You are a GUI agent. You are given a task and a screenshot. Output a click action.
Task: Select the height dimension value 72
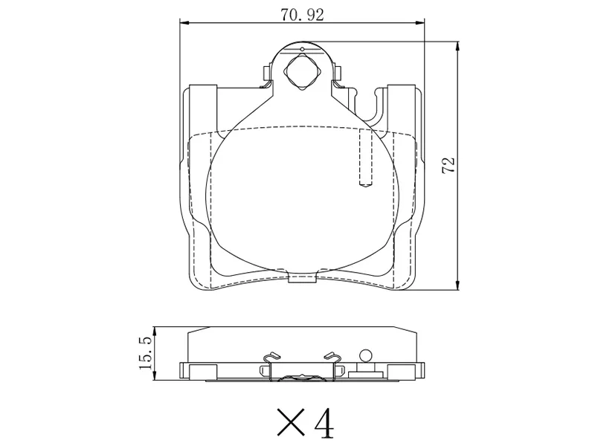click(448, 165)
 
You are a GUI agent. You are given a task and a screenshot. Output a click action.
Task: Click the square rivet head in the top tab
click(302, 74)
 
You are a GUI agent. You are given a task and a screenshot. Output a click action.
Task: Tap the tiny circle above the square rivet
click(302, 50)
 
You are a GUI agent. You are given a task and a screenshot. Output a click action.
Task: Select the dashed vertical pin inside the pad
click(364, 160)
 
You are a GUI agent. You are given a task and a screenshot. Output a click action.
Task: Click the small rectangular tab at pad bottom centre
click(302, 279)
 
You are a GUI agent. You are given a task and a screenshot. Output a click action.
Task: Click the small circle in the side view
click(364, 355)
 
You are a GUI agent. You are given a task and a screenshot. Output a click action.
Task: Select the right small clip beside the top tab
click(338, 72)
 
